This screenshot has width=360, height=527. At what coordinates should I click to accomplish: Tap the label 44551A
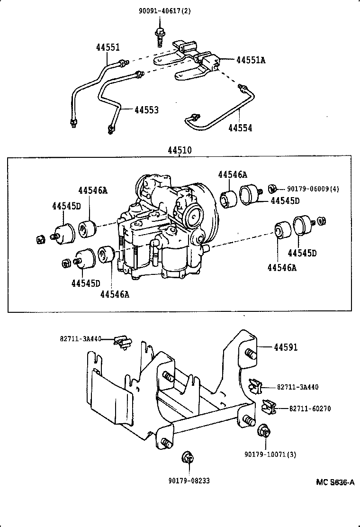pos(251,60)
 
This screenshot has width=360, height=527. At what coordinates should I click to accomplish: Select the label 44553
pos(146,110)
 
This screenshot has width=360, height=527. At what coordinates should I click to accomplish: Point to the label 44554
pos(240,128)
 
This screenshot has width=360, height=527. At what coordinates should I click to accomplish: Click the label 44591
pos(286,347)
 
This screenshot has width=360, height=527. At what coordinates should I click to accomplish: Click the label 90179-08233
pos(189,481)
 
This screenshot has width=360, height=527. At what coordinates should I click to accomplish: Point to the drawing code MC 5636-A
pos(335,482)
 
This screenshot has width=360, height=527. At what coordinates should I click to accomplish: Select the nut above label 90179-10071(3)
pos(264,432)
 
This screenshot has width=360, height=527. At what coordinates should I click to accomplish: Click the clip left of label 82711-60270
pos(268,406)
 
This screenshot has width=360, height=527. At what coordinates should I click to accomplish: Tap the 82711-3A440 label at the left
pos(81,339)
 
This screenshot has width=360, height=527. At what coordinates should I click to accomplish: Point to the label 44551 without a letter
pos(108,48)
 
